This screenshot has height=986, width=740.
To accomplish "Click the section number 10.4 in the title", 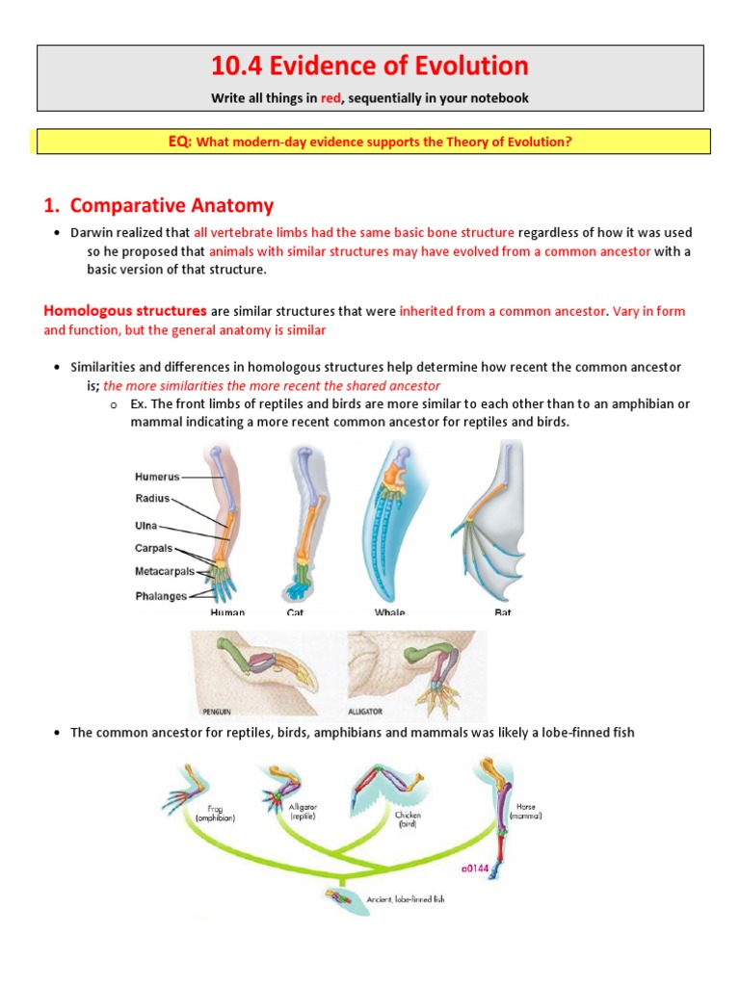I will (x=236, y=66).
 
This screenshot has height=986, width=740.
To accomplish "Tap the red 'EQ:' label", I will (x=181, y=142).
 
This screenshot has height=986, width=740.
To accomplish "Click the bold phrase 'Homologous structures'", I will (x=124, y=311).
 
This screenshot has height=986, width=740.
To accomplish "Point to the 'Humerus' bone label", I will (x=157, y=476).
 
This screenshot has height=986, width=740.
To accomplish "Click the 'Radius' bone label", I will (x=151, y=499).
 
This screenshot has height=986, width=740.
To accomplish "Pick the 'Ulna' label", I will (x=145, y=527).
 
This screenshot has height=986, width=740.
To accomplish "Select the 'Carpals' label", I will (x=154, y=548).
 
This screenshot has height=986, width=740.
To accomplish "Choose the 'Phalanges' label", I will (x=161, y=595).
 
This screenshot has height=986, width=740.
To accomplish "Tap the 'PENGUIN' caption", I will (x=218, y=711).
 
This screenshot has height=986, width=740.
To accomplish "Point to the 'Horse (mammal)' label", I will (x=526, y=811).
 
